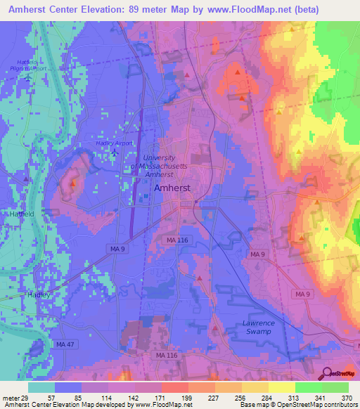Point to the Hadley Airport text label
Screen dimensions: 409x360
point(113,143)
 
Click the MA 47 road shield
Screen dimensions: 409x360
point(64,344)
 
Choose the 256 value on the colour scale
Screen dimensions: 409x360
point(245,397)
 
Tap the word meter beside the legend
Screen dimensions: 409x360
point(8,397)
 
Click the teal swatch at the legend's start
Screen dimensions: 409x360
point(41,387)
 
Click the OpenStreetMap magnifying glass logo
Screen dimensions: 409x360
point(328,373)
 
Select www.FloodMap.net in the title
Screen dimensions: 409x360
point(241,10)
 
